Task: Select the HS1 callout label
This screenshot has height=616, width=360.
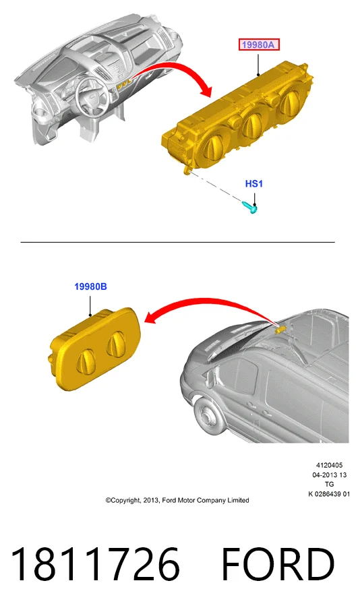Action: pyautogui.click(x=254, y=183)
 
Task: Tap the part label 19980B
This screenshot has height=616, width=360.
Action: pyautogui.click(x=90, y=287)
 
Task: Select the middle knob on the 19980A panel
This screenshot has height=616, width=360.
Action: pyautogui.click(x=252, y=124)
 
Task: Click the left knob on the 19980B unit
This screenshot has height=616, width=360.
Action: pyautogui.click(x=86, y=361)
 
